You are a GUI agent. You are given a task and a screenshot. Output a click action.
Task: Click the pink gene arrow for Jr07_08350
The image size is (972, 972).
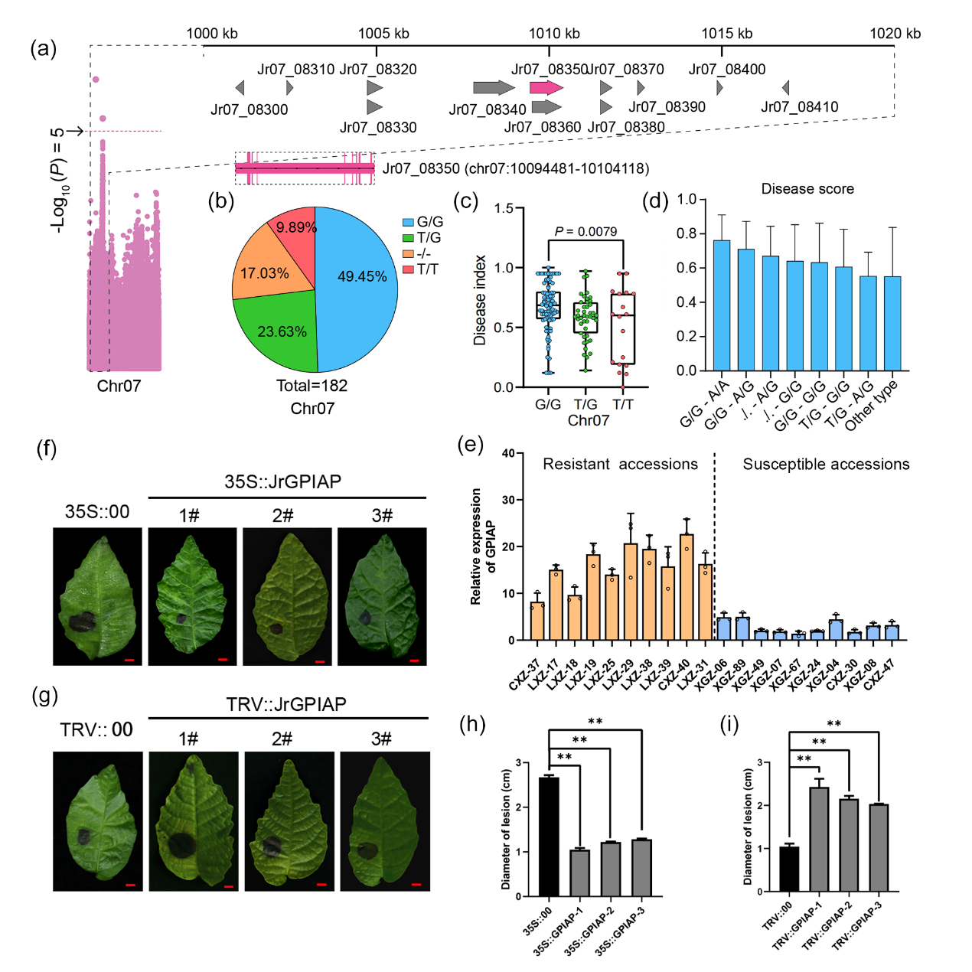546,87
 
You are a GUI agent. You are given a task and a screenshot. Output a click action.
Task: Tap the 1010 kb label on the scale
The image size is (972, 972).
554,34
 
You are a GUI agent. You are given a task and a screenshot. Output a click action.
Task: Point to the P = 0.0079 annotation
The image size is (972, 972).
585,231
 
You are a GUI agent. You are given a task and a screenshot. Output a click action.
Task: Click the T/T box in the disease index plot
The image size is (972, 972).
623,328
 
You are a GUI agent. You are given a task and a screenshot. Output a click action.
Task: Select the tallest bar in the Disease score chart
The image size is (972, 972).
721,305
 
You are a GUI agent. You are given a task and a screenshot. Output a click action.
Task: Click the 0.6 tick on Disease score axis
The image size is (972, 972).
687,268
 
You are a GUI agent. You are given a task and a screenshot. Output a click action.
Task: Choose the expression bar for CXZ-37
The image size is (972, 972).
537,621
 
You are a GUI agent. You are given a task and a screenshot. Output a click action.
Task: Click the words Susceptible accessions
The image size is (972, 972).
826,464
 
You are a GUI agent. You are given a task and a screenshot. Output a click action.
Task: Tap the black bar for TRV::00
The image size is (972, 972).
789,869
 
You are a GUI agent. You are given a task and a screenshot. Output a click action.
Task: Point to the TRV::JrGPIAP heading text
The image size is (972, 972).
286,704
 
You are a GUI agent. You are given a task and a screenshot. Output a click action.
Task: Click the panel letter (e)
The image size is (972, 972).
470,445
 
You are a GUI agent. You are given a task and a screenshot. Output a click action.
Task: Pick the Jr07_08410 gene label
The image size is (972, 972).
799,107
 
